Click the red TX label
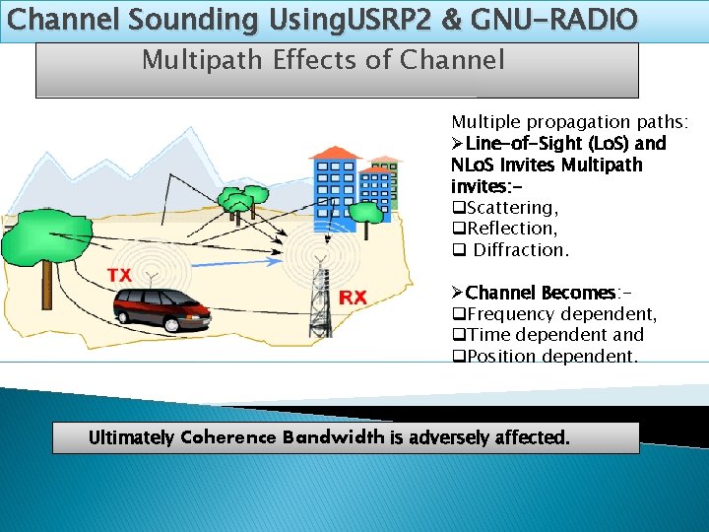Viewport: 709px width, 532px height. (x=119, y=275)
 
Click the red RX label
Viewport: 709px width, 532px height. (x=353, y=297)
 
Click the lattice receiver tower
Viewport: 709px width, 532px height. (x=318, y=296)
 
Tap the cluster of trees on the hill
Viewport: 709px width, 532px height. (x=236, y=203)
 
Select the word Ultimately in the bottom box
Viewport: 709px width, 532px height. (x=132, y=437)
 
